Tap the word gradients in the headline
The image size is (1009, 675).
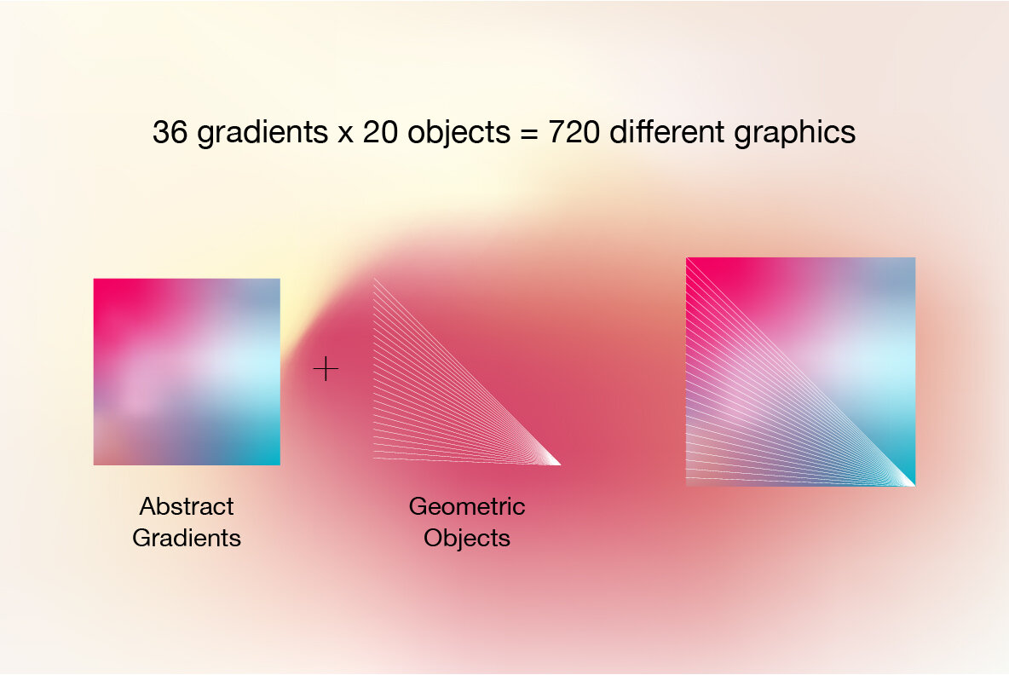click(259, 134)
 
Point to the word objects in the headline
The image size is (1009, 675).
click(458, 134)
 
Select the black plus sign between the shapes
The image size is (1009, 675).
click(326, 369)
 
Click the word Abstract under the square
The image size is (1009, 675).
click(187, 506)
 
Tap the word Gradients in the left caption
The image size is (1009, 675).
click(187, 539)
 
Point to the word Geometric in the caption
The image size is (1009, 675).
click(467, 506)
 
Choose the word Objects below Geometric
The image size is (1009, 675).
click(467, 539)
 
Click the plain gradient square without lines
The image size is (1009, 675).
click(187, 372)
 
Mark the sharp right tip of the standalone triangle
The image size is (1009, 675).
click(558, 464)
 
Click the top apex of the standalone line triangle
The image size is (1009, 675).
click(375, 280)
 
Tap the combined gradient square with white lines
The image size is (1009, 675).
click(800, 372)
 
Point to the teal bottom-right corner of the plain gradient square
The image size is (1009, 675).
click(271, 456)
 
